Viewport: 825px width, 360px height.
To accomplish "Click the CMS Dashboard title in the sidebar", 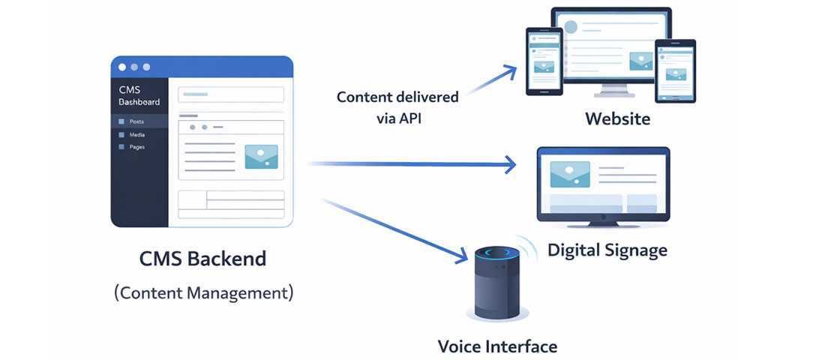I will pos(139,95).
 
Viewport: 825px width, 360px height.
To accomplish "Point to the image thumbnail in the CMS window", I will pos(261,156).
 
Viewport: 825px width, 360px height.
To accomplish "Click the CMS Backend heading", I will pos(202,259).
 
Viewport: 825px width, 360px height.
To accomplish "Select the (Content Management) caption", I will pos(203,292).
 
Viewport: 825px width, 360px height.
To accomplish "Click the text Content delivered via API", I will pos(397,107).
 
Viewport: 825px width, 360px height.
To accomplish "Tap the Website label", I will pos(617,118).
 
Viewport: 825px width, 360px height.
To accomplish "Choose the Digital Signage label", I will pos(607,249).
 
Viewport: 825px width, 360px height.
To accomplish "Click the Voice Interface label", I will pos(497,346).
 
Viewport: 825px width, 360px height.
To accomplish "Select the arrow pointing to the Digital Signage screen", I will pos(412,164).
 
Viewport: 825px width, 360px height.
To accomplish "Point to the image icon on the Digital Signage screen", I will pos(569,174).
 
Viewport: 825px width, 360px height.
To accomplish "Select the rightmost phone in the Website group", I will pos(676,70).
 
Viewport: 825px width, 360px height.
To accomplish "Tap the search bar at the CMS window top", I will pos(230,94).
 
